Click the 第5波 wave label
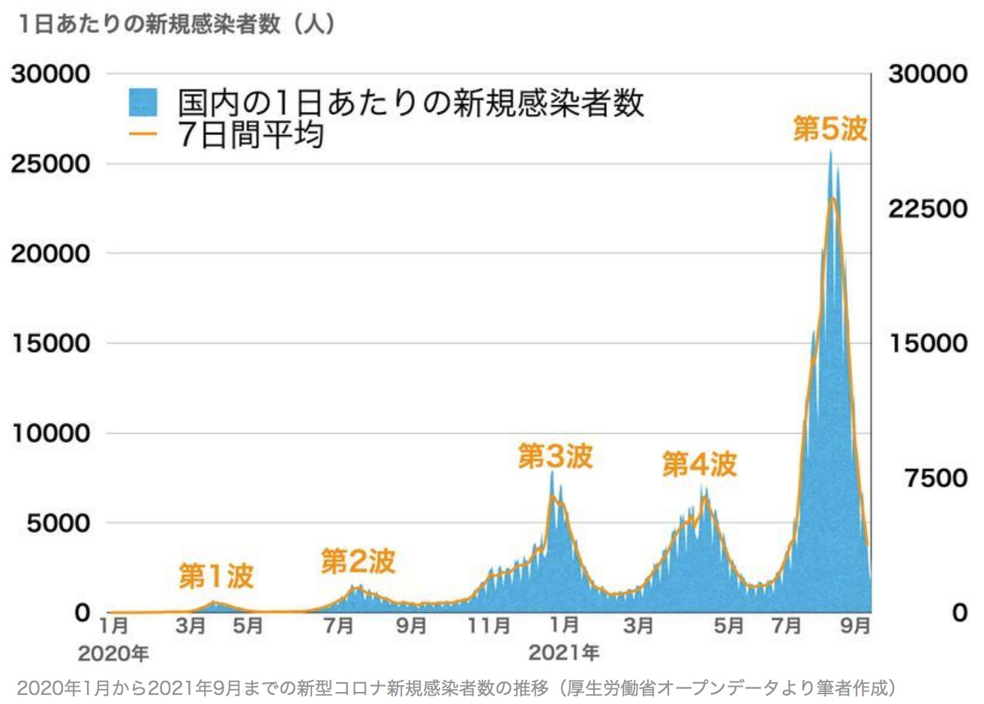pos(829,129)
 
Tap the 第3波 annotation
pos(555,456)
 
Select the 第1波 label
pos(216,576)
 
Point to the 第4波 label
pos(699,465)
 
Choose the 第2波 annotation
pos(358,561)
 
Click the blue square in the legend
pos(142,103)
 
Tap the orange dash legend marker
pos(142,136)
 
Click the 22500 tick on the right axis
pos(927,209)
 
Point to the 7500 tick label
pos(935,478)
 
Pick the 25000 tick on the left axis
pos(50,164)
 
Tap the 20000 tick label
pos(50,254)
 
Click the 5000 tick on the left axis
pos(58,523)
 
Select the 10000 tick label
pos(50,433)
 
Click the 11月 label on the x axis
pos(488,625)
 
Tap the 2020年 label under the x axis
pos(113,653)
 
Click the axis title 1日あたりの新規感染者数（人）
pos(177,24)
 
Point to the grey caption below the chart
pos(456,687)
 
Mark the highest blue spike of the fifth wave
pos(830,152)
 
